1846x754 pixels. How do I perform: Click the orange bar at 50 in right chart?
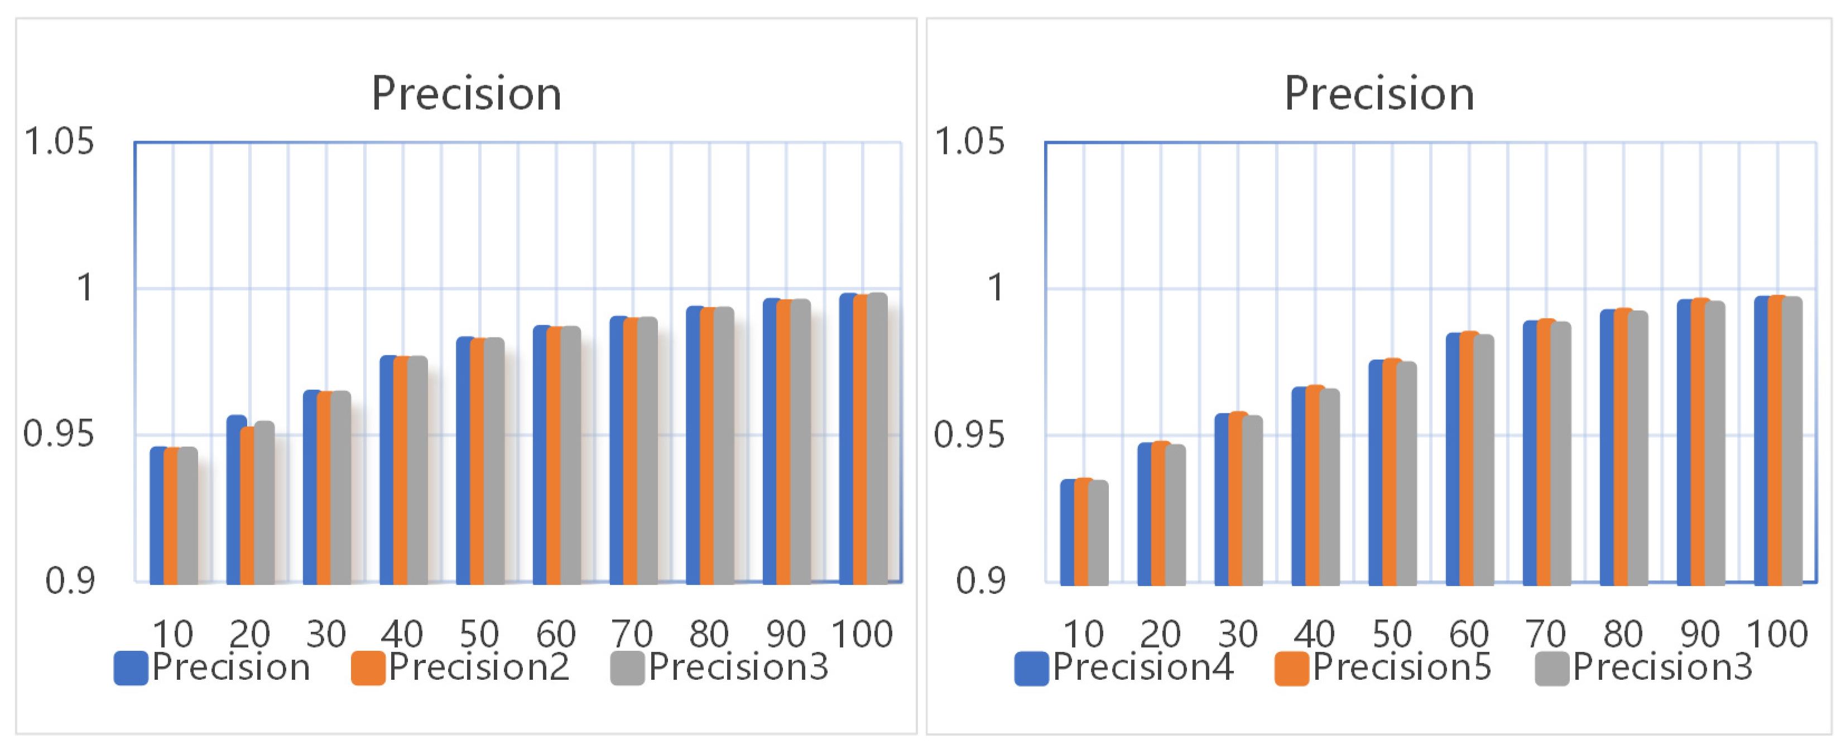[x=1392, y=472]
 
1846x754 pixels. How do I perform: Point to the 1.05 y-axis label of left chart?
[x=59, y=141]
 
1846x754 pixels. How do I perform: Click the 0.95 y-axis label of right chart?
[x=969, y=434]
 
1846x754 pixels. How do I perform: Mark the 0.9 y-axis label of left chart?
[x=70, y=580]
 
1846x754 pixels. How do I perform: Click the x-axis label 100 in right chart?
[x=1777, y=634]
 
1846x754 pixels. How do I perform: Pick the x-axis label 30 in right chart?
[x=1238, y=634]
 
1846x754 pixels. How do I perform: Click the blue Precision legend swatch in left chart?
[x=131, y=668]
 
